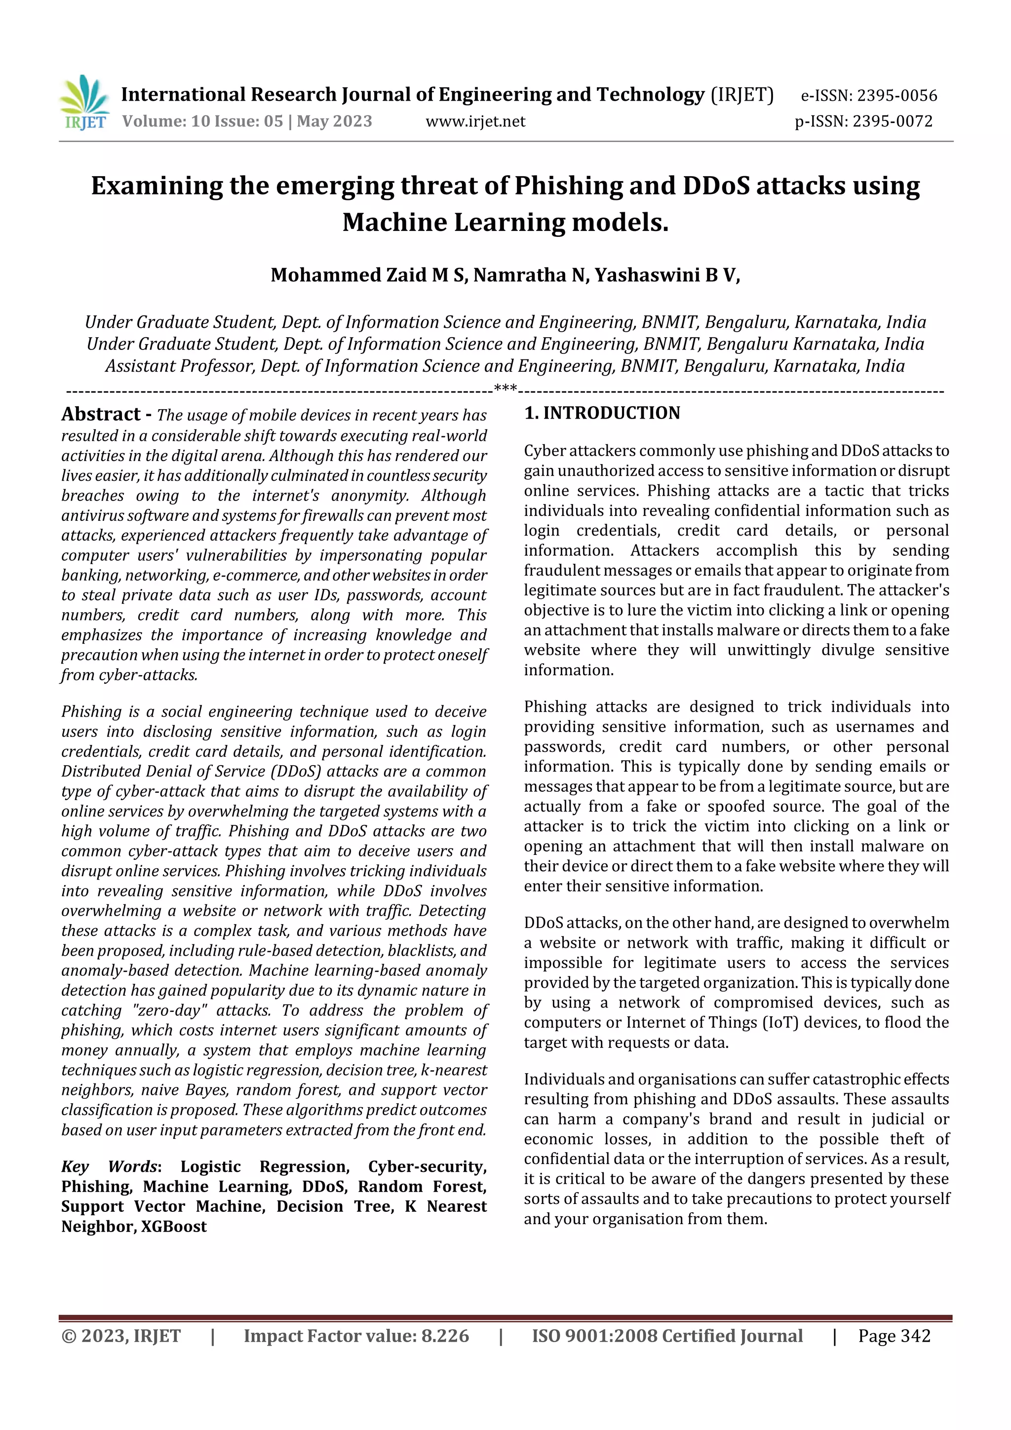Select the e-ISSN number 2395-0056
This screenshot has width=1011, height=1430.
tap(897, 96)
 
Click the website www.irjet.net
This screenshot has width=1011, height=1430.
tap(475, 121)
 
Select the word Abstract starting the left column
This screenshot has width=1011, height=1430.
tap(101, 415)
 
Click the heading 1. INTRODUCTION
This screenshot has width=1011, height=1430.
tap(602, 414)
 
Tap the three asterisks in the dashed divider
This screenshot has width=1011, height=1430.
tap(505, 390)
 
